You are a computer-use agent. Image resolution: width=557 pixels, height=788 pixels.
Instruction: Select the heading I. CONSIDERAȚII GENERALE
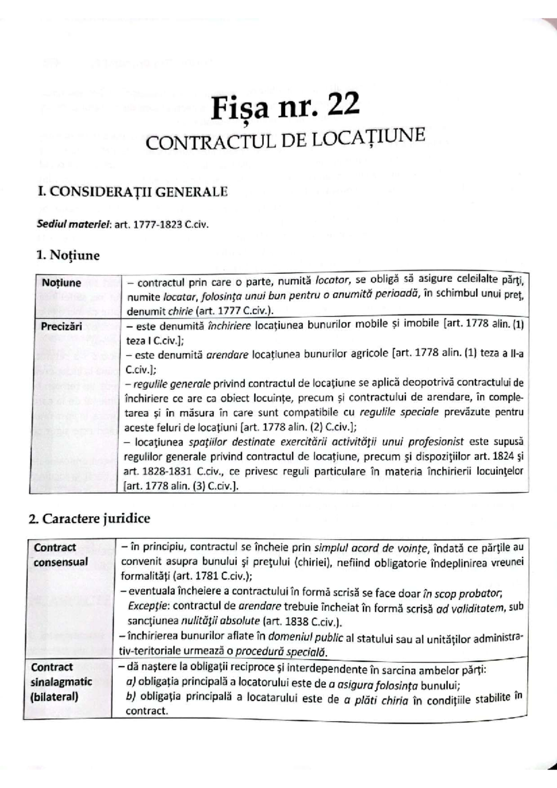(x=133, y=192)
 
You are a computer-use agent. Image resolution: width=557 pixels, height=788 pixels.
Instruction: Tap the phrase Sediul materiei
(x=73, y=225)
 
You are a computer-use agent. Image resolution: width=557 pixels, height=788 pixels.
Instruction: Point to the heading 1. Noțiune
(x=68, y=255)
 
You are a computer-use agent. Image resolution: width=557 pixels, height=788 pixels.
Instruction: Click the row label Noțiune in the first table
(x=61, y=283)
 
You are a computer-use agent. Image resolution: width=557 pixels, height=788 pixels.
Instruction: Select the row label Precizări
(x=61, y=326)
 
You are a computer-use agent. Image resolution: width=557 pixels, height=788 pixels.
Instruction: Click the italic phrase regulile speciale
(x=399, y=412)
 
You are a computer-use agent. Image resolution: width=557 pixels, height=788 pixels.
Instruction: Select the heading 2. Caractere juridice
(x=89, y=518)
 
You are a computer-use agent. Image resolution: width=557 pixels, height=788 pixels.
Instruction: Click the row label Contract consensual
(x=60, y=555)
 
